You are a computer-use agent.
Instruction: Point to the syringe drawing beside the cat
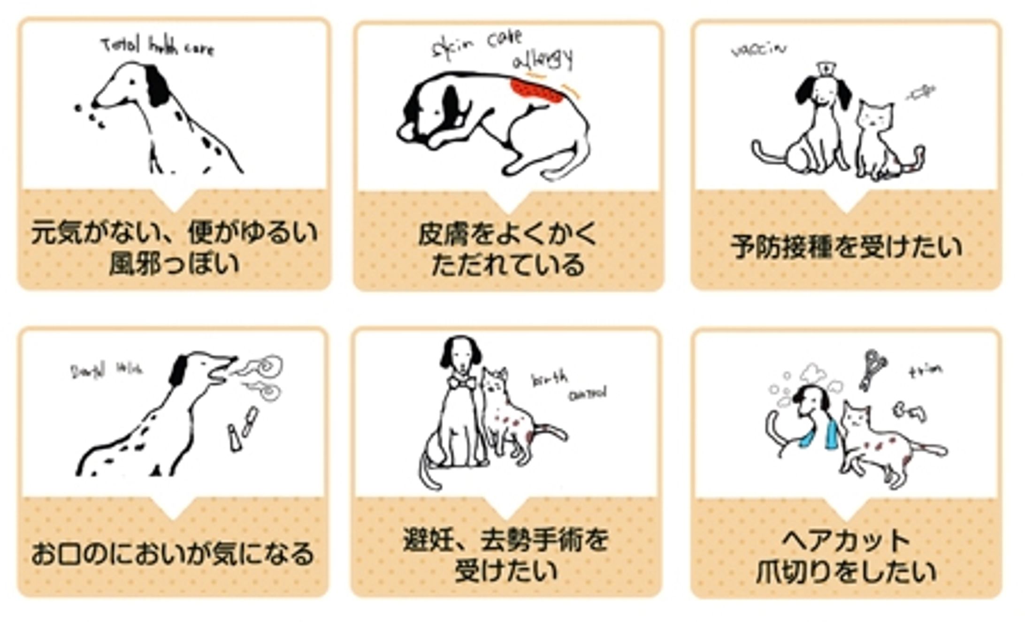[920, 92]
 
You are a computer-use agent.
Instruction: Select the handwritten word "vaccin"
[758, 49]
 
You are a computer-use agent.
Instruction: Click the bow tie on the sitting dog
[460, 383]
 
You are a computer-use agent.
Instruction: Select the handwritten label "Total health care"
[158, 47]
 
